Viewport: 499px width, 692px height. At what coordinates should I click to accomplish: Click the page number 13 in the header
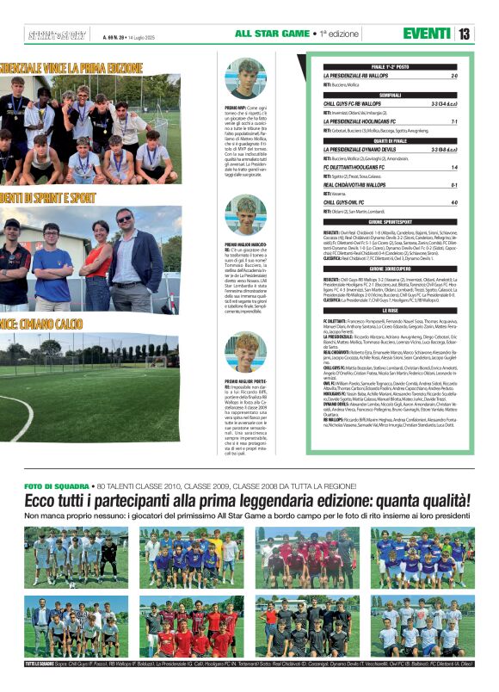[x=464, y=34]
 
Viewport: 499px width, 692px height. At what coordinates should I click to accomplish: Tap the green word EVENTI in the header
[x=426, y=34]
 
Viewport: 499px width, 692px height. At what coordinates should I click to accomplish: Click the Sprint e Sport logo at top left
[x=57, y=34]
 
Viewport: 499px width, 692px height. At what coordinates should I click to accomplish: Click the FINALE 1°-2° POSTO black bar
[x=391, y=66]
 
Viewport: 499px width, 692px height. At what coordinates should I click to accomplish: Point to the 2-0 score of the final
[x=454, y=76]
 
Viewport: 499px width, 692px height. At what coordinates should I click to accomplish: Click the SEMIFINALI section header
[x=391, y=95]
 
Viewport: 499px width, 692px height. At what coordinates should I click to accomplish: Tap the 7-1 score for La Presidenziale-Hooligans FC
[x=454, y=121]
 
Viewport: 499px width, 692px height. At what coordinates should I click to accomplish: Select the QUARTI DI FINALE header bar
[x=391, y=140]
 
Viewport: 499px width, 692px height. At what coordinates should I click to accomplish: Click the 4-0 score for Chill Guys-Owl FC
[x=454, y=202]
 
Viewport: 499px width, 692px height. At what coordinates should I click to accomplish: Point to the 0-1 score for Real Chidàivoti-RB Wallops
[x=454, y=184]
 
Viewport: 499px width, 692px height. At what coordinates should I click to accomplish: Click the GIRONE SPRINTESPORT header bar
[x=391, y=221]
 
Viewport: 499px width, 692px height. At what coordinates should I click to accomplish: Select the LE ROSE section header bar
[x=391, y=310]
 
